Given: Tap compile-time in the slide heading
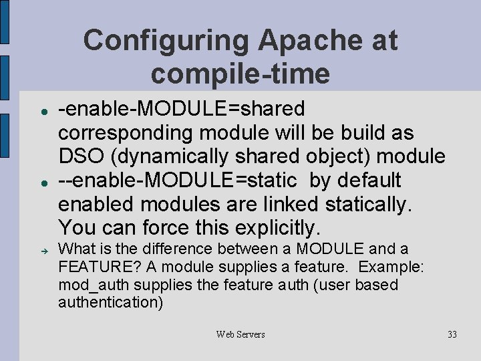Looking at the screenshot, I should click(240, 74).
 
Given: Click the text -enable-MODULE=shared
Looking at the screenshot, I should click(182, 108).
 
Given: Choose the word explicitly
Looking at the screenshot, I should click(275, 229).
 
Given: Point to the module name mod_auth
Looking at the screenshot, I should click(86, 285).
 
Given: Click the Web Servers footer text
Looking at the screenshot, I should click(240, 334).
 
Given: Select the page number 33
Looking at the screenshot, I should click(452, 334).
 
